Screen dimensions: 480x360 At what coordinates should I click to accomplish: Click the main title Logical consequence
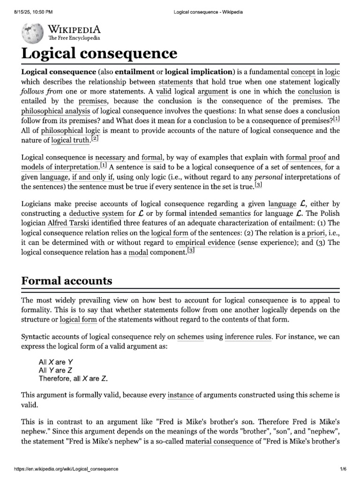click(x=99, y=53)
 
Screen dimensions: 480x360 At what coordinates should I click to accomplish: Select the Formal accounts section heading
click(x=67, y=281)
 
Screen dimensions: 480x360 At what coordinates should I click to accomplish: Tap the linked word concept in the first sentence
click(x=303, y=72)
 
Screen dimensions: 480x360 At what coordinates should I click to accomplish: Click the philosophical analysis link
click(x=56, y=111)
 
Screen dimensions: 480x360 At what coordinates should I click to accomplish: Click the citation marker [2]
click(x=95, y=139)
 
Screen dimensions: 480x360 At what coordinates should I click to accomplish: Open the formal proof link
click(x=306, y=157)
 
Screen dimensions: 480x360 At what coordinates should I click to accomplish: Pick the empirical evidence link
click(x=205, y=243)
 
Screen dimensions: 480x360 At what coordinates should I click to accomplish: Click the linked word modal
click(x=138, y=253)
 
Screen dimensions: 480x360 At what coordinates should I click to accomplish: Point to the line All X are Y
click(x=56, y=362)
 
